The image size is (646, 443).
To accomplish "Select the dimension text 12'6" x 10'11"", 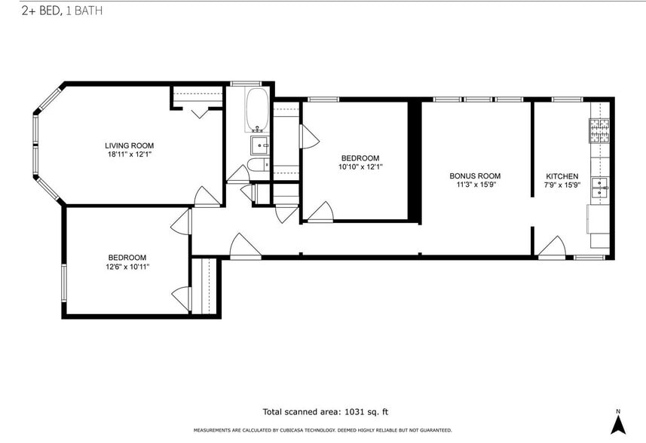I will (x=127, y=266).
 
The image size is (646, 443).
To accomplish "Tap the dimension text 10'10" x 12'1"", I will (x=360, y=167).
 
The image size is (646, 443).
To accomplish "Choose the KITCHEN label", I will (x=562, y=176).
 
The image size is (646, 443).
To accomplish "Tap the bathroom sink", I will (x=259, y=145).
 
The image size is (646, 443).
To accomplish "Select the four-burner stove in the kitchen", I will (x=599, y=132).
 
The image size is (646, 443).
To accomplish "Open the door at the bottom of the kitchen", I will (x=551, y=248).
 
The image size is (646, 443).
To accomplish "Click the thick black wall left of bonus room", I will (x=414, y=161).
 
